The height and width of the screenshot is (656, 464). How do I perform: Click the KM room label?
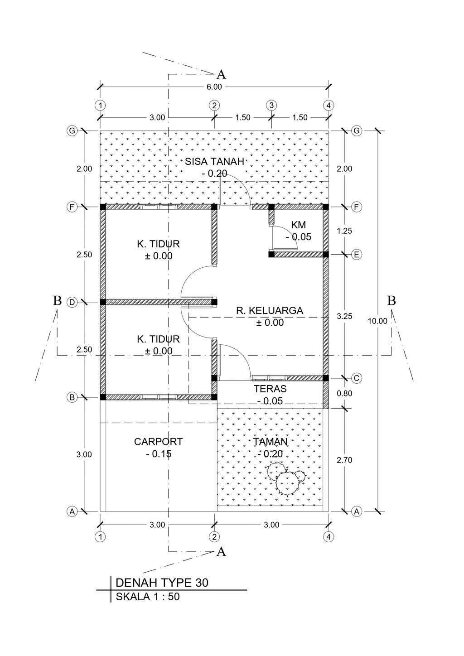click(x=298, y=225)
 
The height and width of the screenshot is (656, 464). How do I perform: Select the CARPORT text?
click(x=159, y=442)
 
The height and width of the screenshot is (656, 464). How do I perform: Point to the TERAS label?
click(x=270, y=389)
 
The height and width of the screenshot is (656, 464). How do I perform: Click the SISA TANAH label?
click(x=214, y=161)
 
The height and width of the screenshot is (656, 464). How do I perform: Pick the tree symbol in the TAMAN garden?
click(x=285, y=478)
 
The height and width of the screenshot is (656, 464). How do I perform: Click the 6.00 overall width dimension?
click(x=214, y=87)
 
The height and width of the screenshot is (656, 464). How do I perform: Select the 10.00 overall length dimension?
click(x=377, y=321)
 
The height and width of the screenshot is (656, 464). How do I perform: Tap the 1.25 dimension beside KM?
click(x=345, y=231)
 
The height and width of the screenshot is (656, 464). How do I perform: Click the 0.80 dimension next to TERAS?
click(x=345, y=393)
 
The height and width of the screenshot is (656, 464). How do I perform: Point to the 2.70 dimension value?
click(x=345, y=460)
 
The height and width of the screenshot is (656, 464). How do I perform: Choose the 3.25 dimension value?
click(x=345, y=316)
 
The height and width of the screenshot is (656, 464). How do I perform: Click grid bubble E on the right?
click(x=357, y=255)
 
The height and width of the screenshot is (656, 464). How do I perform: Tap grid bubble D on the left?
click(x=72, y=302)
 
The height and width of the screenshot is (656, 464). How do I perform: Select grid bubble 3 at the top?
click(x=271, y=105)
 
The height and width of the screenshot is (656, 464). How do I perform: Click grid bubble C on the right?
click(x=357, y=378)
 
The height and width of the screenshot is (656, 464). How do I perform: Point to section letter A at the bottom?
click(x=221, y=552)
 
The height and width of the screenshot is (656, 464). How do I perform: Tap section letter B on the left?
click(x=57, y=300)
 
